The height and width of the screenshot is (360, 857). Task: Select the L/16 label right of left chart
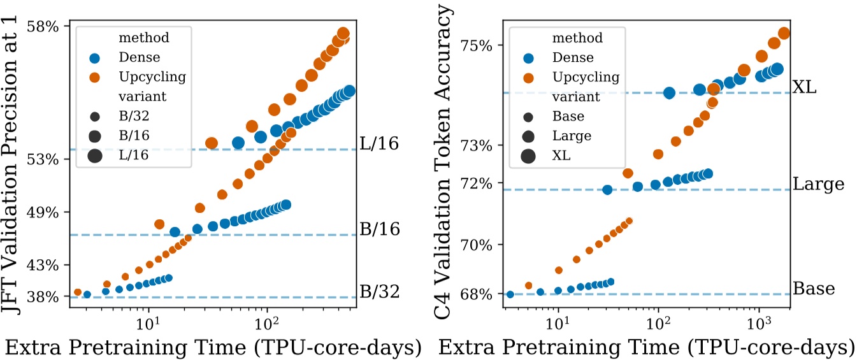click(x=379, y=144)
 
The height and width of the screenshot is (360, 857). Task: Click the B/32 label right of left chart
click(x=379, y=292)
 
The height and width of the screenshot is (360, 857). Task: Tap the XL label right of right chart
click(x=805, y=88)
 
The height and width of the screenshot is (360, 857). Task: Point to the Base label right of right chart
click(x=814, y=289)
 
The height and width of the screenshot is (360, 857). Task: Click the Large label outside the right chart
click(x=818, y=185)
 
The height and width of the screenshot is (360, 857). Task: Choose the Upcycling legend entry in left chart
click(x=152, y=77)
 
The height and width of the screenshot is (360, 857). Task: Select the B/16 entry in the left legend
click(x=133, y=136)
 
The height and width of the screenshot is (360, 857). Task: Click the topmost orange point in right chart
click(x=784, y=33)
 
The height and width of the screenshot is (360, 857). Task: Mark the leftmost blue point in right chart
click(x=510, y=294)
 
